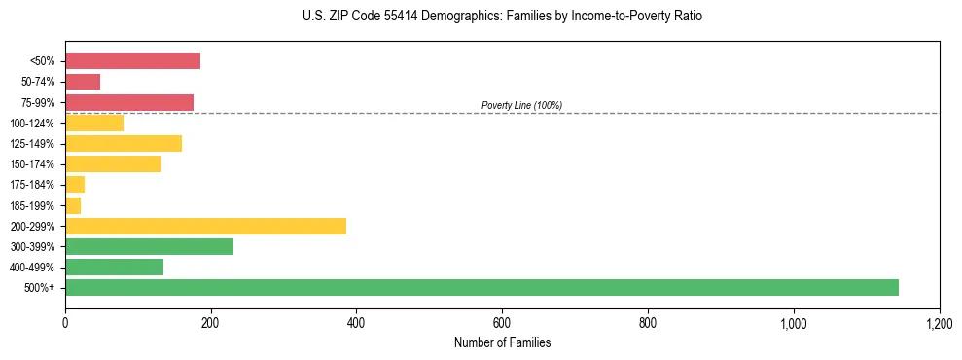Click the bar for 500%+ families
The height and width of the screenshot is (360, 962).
481,287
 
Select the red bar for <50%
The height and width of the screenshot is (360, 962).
132,61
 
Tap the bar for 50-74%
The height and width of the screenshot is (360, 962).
83,82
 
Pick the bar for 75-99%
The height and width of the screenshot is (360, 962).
129,102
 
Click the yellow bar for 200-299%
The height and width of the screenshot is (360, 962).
205,226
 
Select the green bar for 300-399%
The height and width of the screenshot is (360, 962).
149,246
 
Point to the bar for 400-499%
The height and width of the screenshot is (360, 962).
114,267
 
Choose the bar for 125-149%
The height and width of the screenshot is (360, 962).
124,144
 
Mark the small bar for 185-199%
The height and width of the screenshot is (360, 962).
73,205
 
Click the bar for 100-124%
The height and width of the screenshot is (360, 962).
94,123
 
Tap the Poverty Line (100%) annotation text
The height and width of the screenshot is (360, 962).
521,105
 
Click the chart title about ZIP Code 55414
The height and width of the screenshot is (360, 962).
502,17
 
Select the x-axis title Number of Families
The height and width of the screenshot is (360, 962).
502,342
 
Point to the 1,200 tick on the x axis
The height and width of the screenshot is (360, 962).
939,322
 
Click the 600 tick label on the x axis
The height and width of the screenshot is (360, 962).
502,322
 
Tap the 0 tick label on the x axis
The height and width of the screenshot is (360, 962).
65,322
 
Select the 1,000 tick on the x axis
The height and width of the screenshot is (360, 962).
794,322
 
